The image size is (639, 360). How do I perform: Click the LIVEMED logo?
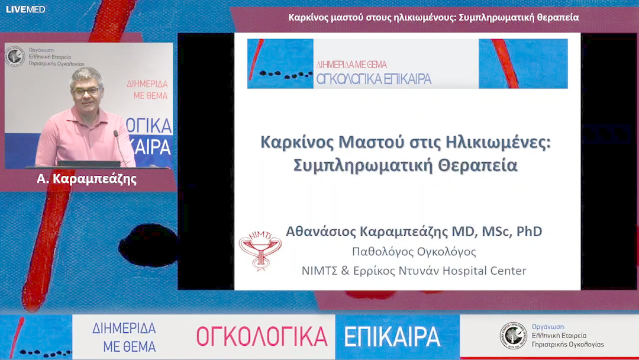tap(25, 9)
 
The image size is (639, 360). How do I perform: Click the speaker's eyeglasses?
tap(86, 91)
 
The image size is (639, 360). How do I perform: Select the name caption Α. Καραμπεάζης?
tap(86, 178)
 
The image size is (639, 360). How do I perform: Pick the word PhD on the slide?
tap(529, 231)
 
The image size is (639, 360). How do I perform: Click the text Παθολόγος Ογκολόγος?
tap(414, 252)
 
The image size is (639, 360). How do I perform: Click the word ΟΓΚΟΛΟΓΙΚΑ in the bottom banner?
tap(262, 336)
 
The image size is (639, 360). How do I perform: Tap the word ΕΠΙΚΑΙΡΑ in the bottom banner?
tap(392, 336)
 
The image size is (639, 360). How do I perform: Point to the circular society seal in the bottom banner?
tap(512, 335)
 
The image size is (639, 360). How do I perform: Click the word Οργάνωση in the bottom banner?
tap(548, 326)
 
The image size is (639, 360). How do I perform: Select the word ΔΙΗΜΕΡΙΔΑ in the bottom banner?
tap(124, 329)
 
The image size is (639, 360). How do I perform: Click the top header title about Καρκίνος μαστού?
tap(433, 17)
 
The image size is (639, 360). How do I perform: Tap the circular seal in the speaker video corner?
tap(15, 57)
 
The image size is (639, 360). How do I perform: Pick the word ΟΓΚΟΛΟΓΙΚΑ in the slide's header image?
tap(373, 78)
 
